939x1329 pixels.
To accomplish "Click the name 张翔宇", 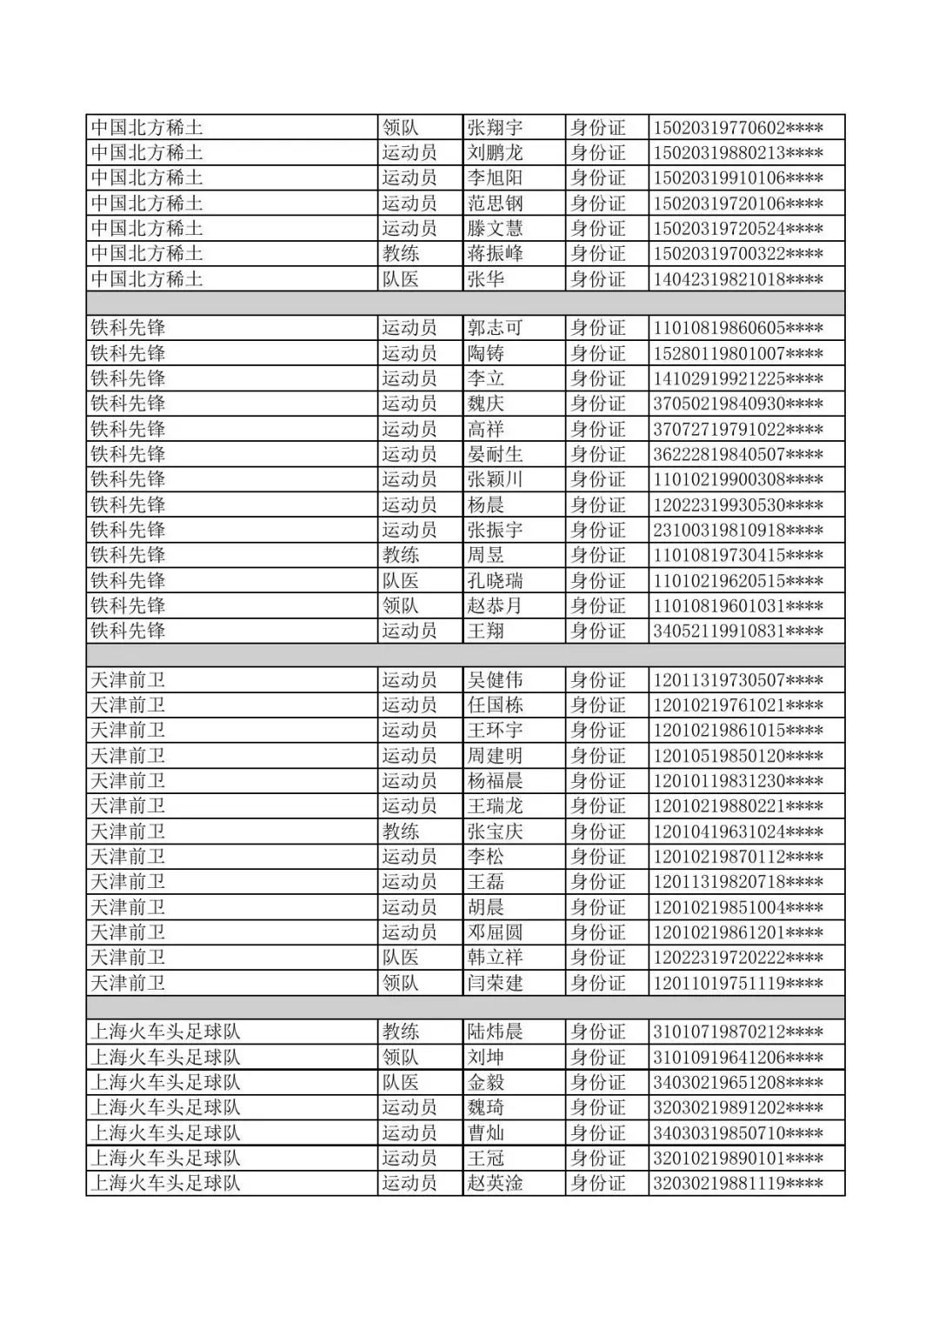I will pos(495,128).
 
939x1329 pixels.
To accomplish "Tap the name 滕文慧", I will pos(495,229).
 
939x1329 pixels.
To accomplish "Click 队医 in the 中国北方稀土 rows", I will pos(401,279).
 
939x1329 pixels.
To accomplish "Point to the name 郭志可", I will pos(495,329).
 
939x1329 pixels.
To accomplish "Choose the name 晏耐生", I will pos(495,455).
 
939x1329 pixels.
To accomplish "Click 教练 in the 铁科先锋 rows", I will pos(401,556).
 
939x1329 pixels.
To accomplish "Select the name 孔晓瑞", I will pos(495,581).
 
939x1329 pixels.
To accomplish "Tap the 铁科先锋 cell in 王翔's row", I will pos(129,631).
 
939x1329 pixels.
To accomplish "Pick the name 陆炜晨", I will pos(495,1032).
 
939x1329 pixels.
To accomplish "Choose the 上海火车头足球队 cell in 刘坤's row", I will pos(165,1058).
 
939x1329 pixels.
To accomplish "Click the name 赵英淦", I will pos(495,1184).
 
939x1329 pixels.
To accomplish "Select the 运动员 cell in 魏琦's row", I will pos(410,1108).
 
